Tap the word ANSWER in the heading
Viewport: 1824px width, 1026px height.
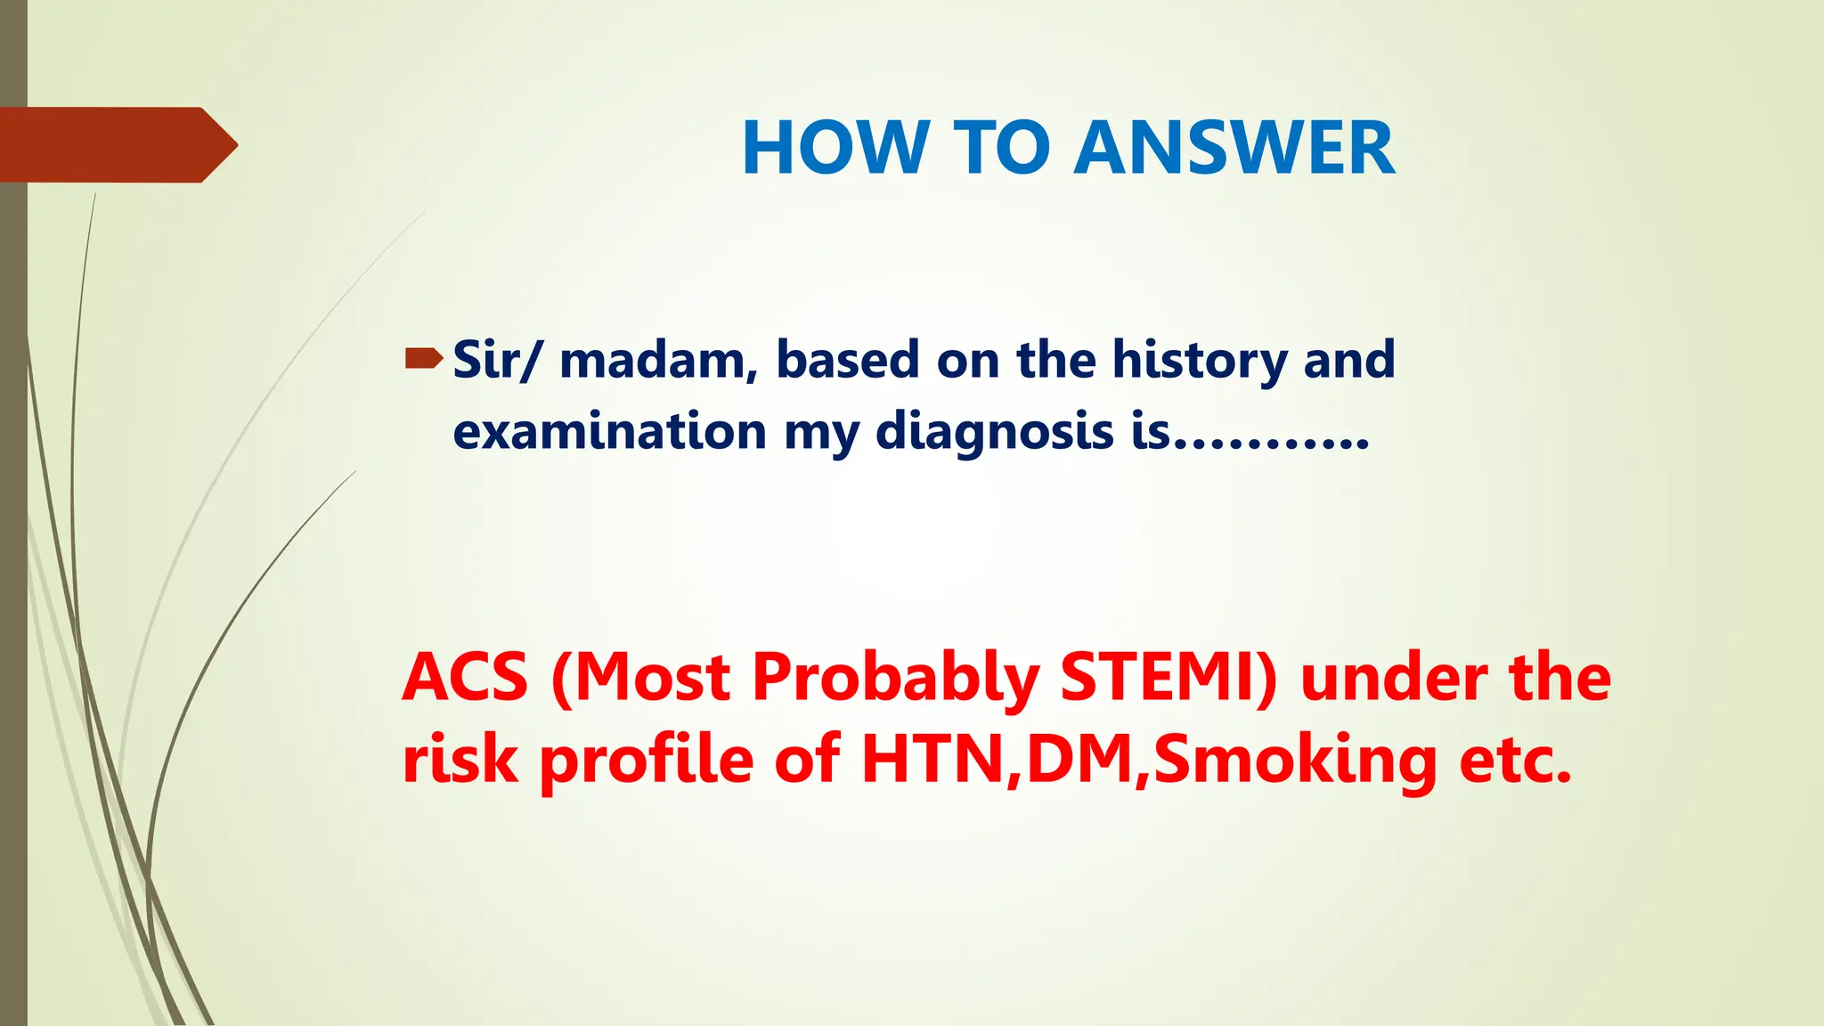click(1234, 148)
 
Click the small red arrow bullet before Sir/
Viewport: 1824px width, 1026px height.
click(423, 359)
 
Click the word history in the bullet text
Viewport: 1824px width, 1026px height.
click(1200, 362)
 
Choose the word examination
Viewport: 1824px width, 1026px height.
click(609, 432)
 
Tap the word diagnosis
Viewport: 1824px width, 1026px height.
click(995, 434)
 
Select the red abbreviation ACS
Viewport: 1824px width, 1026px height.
click(466, 678)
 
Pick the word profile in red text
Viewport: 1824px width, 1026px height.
click(647, 762)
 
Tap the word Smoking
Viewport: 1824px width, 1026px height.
click(1295, 762)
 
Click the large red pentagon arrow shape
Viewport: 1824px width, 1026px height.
click(116, 144)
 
